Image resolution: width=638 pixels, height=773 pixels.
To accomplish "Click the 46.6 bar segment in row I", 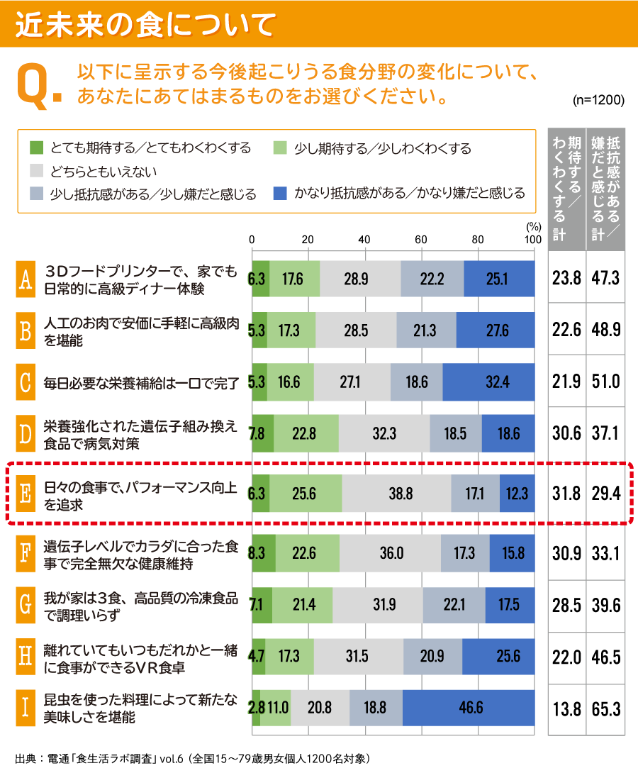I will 469,708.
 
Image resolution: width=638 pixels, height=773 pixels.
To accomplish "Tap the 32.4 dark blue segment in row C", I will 488,382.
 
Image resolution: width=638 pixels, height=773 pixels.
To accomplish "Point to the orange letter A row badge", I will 25,279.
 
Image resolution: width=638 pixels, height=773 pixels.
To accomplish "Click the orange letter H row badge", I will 25,656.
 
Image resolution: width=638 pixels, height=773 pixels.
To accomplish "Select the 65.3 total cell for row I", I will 605,708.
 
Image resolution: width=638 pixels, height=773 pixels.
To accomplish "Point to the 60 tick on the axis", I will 421,239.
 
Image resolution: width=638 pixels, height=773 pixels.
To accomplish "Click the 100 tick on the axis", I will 533,239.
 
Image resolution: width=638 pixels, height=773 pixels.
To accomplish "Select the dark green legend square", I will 37,148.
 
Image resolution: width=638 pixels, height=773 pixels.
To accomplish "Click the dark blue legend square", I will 281,193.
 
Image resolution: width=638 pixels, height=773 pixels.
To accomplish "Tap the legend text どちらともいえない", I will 103,171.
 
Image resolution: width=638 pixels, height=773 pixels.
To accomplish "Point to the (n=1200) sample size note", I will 598,100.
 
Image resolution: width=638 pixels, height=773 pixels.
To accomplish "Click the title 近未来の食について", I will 145,24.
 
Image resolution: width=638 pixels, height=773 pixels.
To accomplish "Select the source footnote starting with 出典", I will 191,757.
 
